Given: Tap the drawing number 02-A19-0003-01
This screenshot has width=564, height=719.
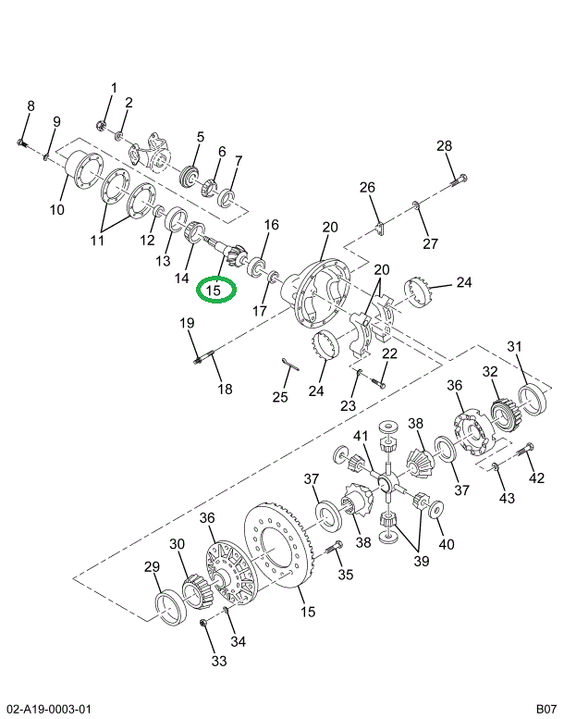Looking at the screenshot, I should pos(49,709).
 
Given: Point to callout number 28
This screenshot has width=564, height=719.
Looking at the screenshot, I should pos(445,145).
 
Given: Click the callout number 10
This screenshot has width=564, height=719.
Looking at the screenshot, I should pos(57,210).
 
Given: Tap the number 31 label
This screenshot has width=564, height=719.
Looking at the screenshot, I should pos(515,347).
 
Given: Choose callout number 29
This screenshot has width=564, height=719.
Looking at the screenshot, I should pos(151,567).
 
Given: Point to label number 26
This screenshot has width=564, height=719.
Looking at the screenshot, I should pos(367,188).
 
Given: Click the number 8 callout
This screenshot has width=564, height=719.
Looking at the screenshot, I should pos(30,106).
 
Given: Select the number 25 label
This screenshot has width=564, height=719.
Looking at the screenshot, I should pos(280,397).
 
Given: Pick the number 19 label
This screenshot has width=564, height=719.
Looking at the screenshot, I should pos(187,323).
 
